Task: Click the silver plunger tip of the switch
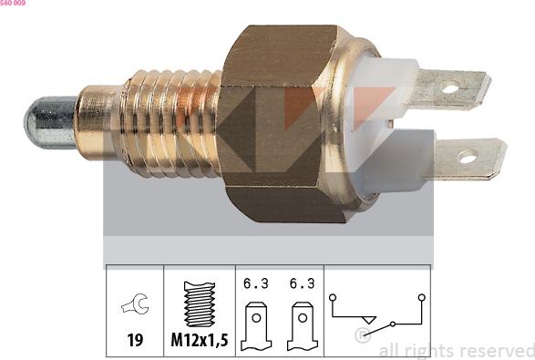50,123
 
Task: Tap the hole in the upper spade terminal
451,88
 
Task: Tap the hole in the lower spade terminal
467,158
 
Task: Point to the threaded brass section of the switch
170,123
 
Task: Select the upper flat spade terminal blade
449,89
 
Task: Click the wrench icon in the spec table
135,303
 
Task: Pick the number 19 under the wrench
135,340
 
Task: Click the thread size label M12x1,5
200,340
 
